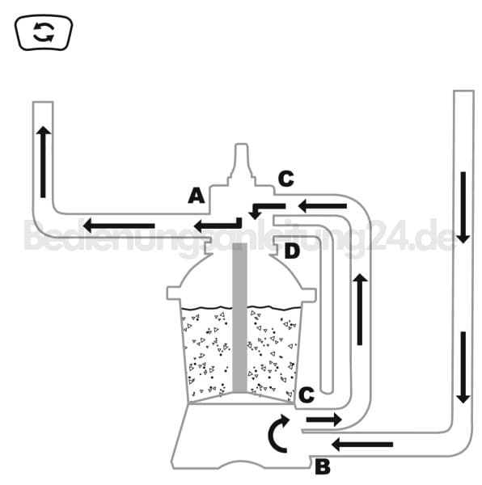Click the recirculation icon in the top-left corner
[44, 32]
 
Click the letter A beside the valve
[197, 196]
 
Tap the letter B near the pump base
[323, 467]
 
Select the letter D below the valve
[292, 251]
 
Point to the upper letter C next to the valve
[285, 179]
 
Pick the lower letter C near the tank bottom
[307, 395]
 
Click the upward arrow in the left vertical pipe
[44, 162]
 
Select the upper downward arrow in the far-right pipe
[463, 208]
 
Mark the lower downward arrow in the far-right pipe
[463, 368]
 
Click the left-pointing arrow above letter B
[362, 445]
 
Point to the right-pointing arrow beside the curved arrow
[324, 420]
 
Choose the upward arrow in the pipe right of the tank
[360, 310]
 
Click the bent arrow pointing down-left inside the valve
[267, 209]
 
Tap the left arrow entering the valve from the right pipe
[322, 206]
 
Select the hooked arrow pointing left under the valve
[218, 225]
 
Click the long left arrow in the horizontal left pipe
[119, 226]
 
